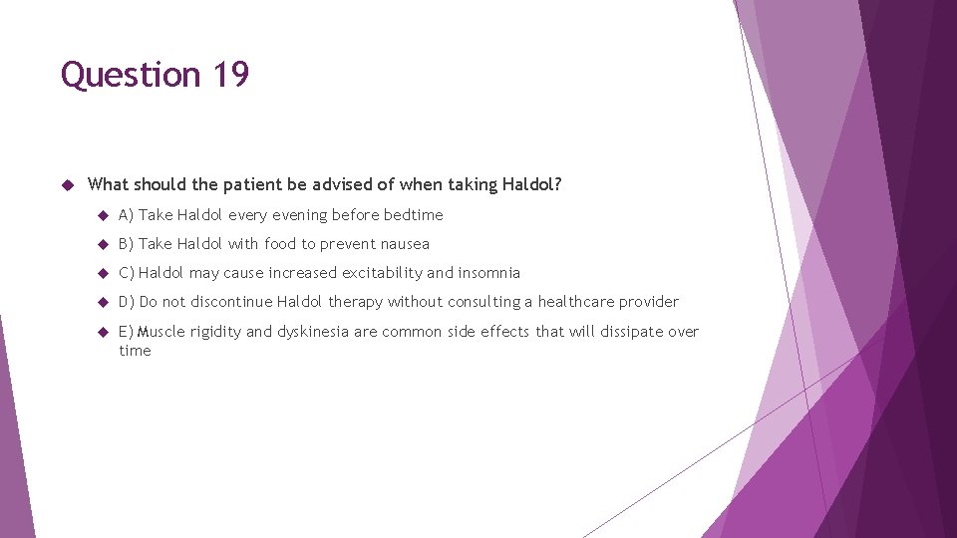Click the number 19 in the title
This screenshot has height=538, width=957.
(x=230, y=75)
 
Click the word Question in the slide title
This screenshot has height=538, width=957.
(x=131, y=75)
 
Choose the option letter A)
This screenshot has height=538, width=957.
(x=127, y=215)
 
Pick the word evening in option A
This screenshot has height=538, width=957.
(x=297, y=215)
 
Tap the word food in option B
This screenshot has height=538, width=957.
(x=280, y=244)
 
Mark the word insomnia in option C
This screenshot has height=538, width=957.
(x=488, y=273)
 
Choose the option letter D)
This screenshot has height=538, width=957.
(x=127, y=302)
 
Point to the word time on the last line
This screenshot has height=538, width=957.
(x=135, y=351)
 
